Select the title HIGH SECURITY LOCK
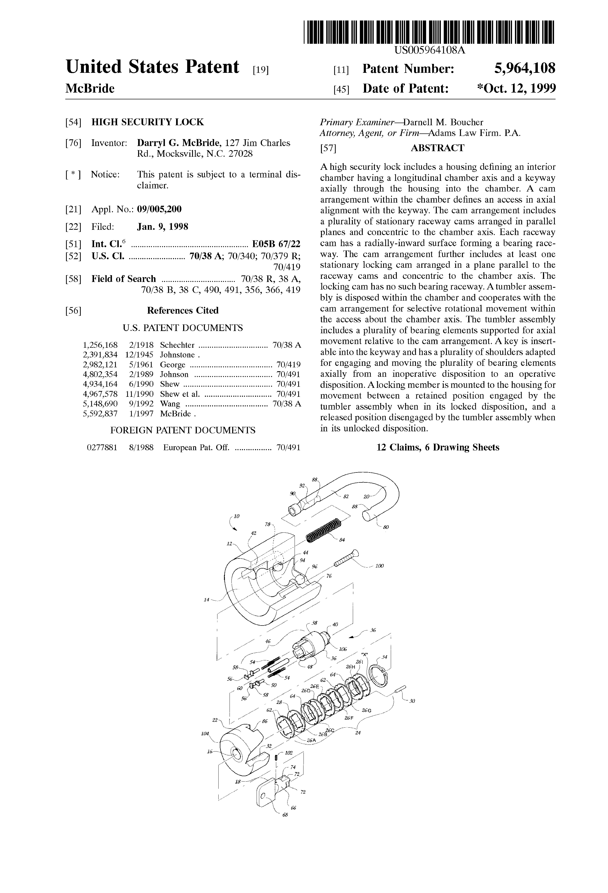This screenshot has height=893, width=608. pos(148,122)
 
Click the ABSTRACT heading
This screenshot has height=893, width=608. pos(437,148)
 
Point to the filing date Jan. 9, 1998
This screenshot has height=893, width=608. pos(163,227)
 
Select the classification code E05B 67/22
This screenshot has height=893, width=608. pos(276,244)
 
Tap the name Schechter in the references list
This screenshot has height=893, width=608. pos(177,345)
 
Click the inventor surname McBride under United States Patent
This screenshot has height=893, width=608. pos(90,89)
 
